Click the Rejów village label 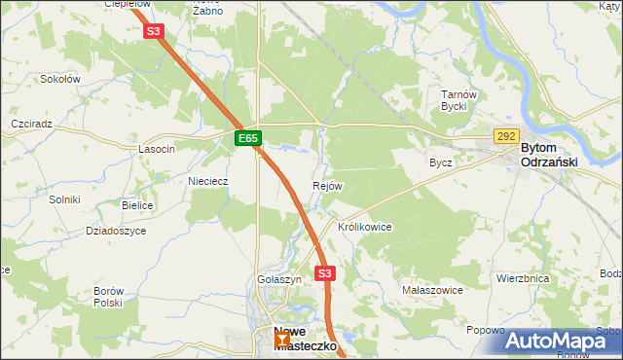pos(326,186)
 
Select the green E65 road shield pos(248,139)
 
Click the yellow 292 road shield pos(506,137)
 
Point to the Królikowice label pos(364,227)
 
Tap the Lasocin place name pos(157,149)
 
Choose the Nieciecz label pos(207,181)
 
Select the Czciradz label pos(31,126)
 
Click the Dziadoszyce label pos(116,231)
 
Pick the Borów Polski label pos(107,297)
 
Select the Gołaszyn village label pos(279,279)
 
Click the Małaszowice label pos(431,290)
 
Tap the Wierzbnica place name pos(523,278)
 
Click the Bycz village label pos(441,162)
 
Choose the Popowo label pos(485,331)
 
